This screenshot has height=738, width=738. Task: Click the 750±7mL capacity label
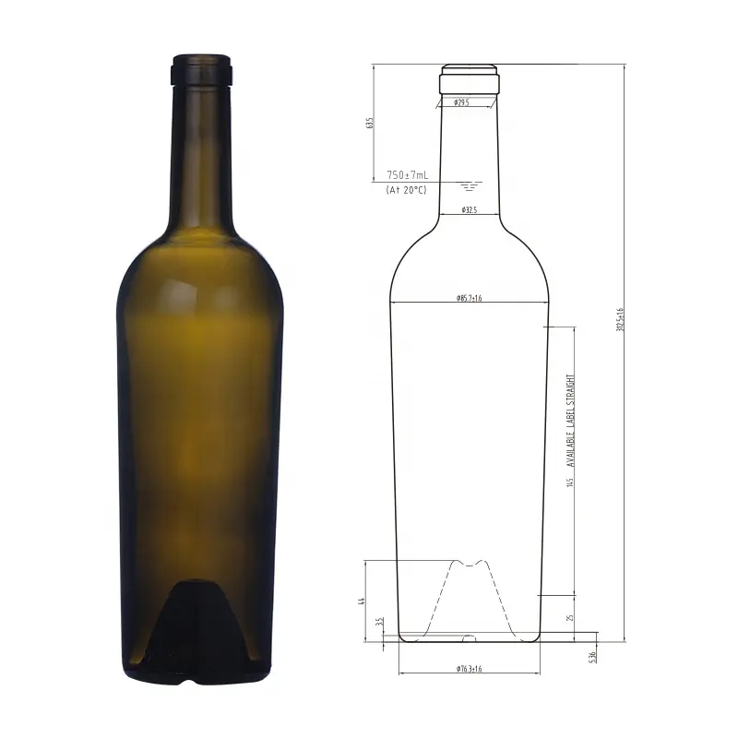pyautogui.click(x=407, y=174)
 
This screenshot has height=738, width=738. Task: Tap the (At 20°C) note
pyautogui.click(x=407, y=189)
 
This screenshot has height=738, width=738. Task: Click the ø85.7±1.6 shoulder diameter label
pyautogui.click(x=470, y=299)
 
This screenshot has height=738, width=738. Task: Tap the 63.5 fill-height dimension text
pyautogui.click(x=370, y=123)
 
